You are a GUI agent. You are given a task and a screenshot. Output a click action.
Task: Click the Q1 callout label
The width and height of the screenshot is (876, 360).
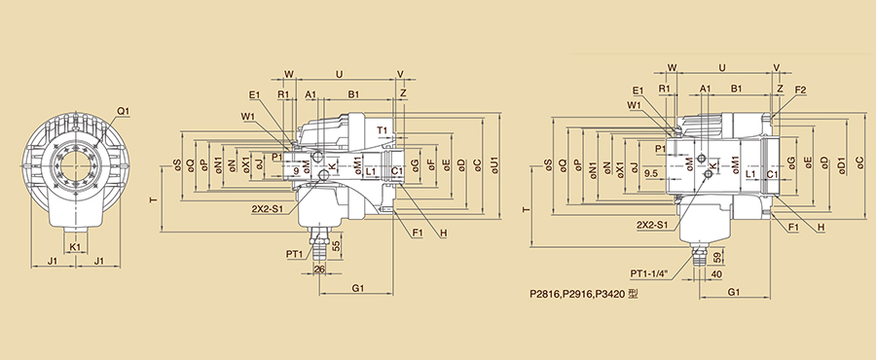123,111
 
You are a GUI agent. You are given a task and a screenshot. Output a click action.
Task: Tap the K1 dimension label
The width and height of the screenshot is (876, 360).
75,246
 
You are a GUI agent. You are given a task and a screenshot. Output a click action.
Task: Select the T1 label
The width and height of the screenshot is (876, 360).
382,130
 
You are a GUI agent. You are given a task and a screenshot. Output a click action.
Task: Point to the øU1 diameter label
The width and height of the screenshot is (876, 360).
496,165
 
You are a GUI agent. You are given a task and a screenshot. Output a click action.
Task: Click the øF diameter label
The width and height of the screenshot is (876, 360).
431,164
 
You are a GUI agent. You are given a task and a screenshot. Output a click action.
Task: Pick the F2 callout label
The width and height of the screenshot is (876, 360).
800,90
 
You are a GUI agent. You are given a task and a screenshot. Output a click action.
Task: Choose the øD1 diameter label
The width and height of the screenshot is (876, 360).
843,167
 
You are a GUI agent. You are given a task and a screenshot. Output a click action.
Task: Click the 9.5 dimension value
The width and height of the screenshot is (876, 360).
650,174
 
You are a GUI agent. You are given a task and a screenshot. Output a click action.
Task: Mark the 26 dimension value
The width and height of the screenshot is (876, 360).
319,270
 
